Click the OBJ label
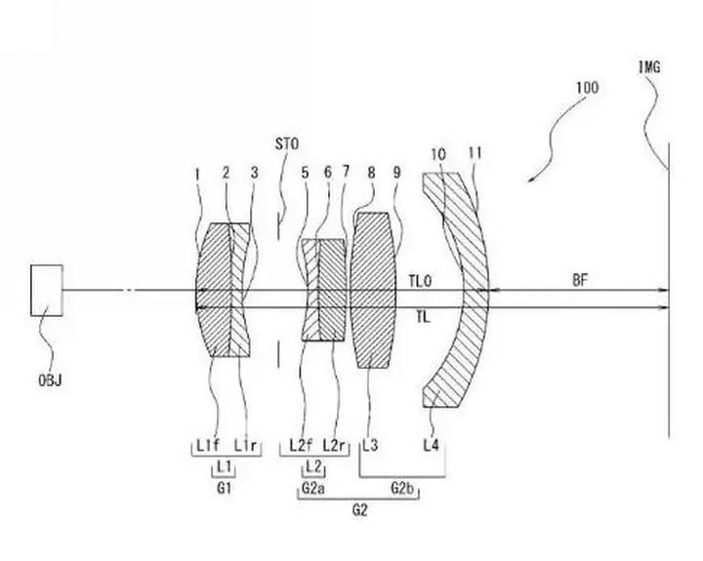click(x=50, y=381)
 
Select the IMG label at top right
click(x=649, y=67)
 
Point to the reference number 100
click(x=587, y=88)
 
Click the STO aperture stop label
click(x=287, y=144)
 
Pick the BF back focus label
click(x=580, y=281)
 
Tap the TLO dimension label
click(x=420, y=281)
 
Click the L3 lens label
click(x=370, y=446)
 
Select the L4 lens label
click(x=432, y=446)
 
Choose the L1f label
click(x=208, y=446)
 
